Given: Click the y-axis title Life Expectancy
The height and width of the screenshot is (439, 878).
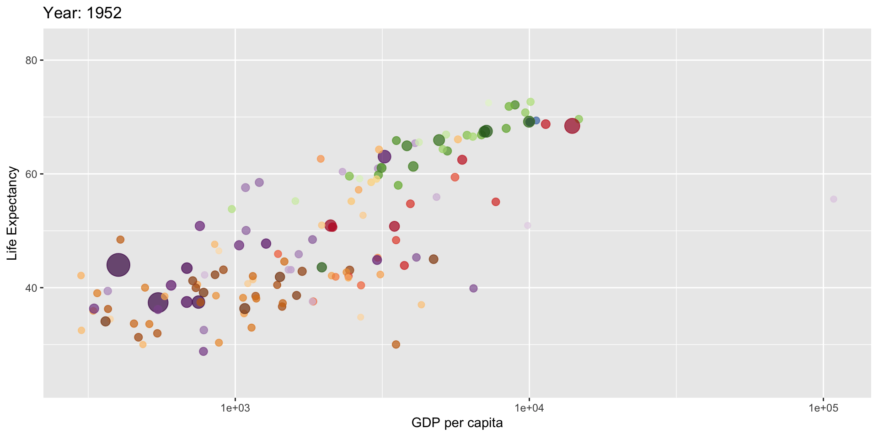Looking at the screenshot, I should tap(12, 214).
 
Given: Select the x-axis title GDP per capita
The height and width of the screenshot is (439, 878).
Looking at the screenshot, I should tap(457, 423).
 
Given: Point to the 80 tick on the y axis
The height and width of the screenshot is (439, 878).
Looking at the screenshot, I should tap(32, 60).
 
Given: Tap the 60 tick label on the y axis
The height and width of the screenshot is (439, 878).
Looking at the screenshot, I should tap(32, 174).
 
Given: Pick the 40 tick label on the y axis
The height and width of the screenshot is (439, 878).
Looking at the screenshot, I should tap(32, 288).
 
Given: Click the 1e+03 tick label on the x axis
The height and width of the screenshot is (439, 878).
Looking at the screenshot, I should tap(235, 408).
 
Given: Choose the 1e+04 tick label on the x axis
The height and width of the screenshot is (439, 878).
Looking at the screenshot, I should tap(529, 408).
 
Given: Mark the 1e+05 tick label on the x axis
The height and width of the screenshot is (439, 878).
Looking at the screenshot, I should tap(823, 408).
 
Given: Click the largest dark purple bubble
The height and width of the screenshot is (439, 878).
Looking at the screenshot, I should tap(118, 265).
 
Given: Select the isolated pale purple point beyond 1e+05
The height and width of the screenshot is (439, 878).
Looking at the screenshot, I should tap(834, 199).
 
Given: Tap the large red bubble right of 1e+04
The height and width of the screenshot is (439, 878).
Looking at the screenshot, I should tap(572, 126).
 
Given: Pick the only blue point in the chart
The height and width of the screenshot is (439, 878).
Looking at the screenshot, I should tap(536, 121).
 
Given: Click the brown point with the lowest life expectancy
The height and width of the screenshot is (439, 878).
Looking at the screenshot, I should tap(396, 344).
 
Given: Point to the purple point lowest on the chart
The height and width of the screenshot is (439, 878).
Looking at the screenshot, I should tap(203, 351).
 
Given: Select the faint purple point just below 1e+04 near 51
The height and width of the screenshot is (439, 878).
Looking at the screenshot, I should tap(528, 225).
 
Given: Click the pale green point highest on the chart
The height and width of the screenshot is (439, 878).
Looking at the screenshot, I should tap(488, 103).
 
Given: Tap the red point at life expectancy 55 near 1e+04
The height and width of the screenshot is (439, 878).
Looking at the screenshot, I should tap(496, 202).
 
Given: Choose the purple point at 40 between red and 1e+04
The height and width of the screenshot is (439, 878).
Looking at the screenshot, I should tap(473, 289).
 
